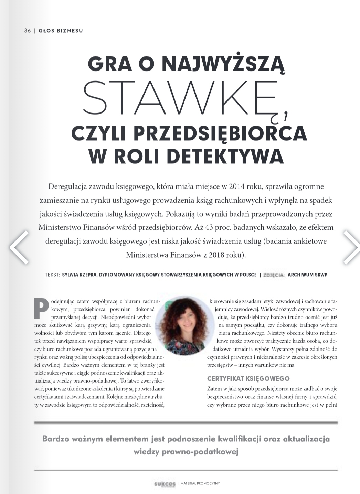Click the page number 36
pyautogui.click(x=27, y=31)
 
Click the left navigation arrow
pyautogui.click(x=19, y=247)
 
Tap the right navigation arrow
pyautogui.click(x=351, y=247)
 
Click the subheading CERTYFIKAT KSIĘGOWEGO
pyautogui.click(x=248, y=378)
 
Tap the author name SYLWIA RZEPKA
pyautogui.click(x=79, y=275)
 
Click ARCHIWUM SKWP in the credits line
pyautogui.click(x=307, y=275)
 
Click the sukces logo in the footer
pyautogui.click(x=165, y=484)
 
